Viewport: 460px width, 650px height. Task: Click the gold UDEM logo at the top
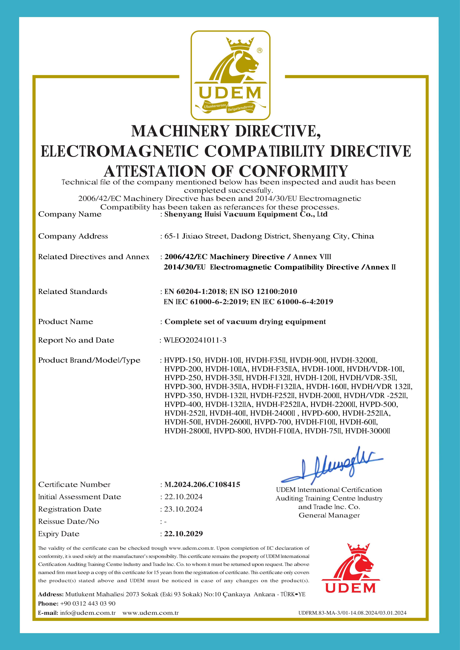coord(230,75)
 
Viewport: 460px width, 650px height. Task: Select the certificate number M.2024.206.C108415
coord(202,484)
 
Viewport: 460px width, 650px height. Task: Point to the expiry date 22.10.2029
coord(184,534)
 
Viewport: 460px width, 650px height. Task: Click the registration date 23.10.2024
coord(183,509)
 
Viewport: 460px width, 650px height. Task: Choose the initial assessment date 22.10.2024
coord(183,497)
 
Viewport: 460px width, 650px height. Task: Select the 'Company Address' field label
coord(73,236)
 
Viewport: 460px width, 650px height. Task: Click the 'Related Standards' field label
coord(73,291)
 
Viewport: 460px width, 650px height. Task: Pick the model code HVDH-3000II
coord(368,431)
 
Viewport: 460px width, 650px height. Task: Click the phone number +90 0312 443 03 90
coord(88,603)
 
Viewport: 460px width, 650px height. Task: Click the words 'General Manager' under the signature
coord(329,515)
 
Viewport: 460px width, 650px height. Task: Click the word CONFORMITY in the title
coord(293,171)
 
